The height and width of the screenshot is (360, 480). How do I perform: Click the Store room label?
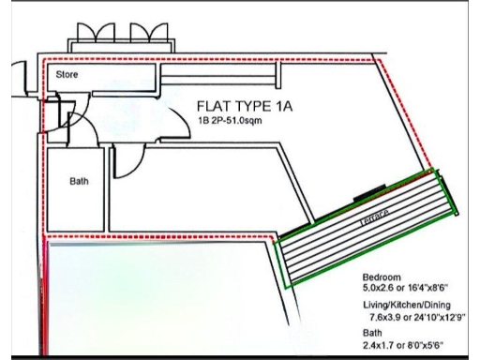click(x=66, y=72)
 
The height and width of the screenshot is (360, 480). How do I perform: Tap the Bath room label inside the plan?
click(x=79, y=182)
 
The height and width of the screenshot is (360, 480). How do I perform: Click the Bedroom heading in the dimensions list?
click(x=381, y=278)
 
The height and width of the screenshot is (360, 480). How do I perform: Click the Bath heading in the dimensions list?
click(x=372, y=333)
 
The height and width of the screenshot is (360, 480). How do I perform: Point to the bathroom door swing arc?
click(x=124, y=161)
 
